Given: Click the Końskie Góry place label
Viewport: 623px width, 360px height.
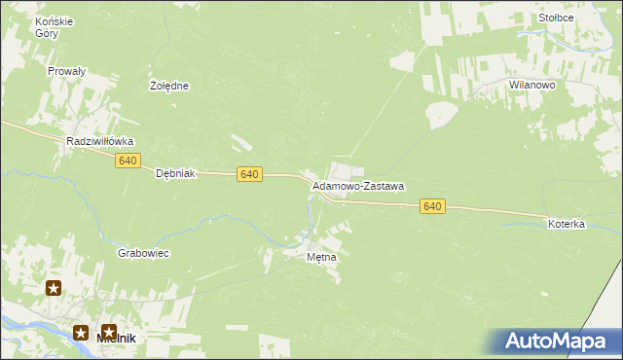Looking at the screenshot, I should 47,26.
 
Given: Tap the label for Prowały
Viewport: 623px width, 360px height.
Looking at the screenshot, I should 67,71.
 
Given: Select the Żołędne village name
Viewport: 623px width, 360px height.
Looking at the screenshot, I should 169,86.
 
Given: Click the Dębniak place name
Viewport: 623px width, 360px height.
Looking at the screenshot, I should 176,174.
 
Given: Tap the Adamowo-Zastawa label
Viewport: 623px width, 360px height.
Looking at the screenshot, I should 358,185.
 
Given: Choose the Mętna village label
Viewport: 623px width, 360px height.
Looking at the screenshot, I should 321,258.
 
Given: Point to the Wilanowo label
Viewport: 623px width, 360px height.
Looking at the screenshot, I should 531,86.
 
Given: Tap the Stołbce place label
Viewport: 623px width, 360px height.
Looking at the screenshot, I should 555,18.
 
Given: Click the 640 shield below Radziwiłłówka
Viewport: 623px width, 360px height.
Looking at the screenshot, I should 128,161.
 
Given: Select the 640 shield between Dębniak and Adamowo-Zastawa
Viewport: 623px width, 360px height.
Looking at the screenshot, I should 249,173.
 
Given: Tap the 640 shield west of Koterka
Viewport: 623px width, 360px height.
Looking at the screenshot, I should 433,206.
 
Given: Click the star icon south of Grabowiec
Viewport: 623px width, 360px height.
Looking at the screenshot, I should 54,287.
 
